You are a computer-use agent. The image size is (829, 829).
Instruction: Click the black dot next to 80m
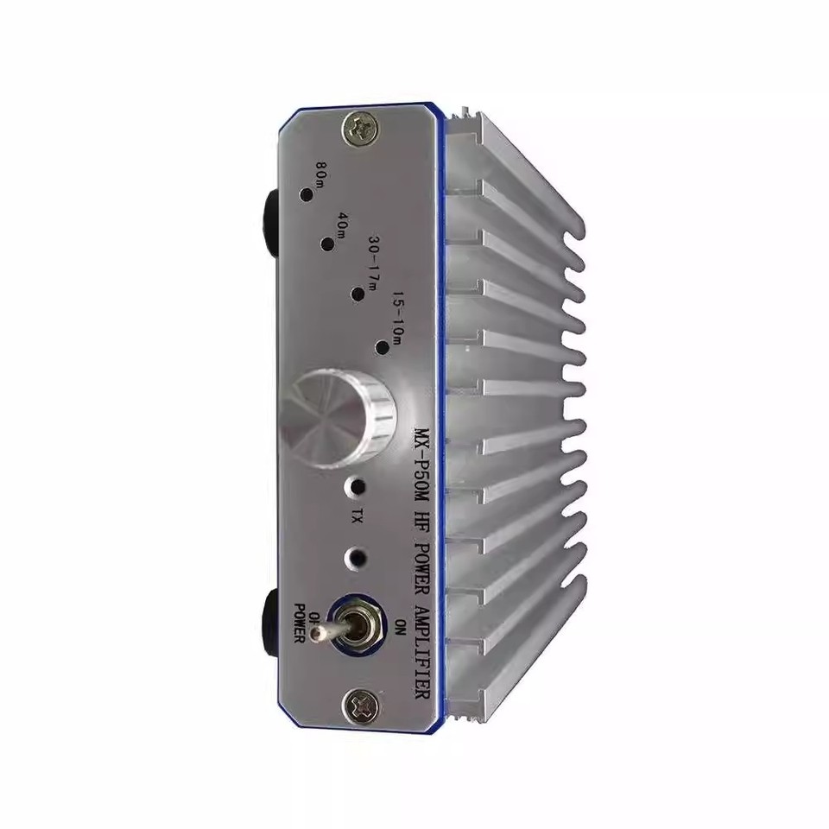(x=305, y=194)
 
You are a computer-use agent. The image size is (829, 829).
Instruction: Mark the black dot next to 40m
(x=327, y=244)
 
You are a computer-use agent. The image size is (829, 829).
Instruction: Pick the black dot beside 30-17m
(x=356, y=295)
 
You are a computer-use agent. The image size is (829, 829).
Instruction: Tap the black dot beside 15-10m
(x=383, y=347)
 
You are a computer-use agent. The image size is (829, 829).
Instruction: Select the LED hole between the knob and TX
(x=354, y=486)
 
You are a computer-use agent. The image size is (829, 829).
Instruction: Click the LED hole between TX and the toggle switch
(x=356, y=556)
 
